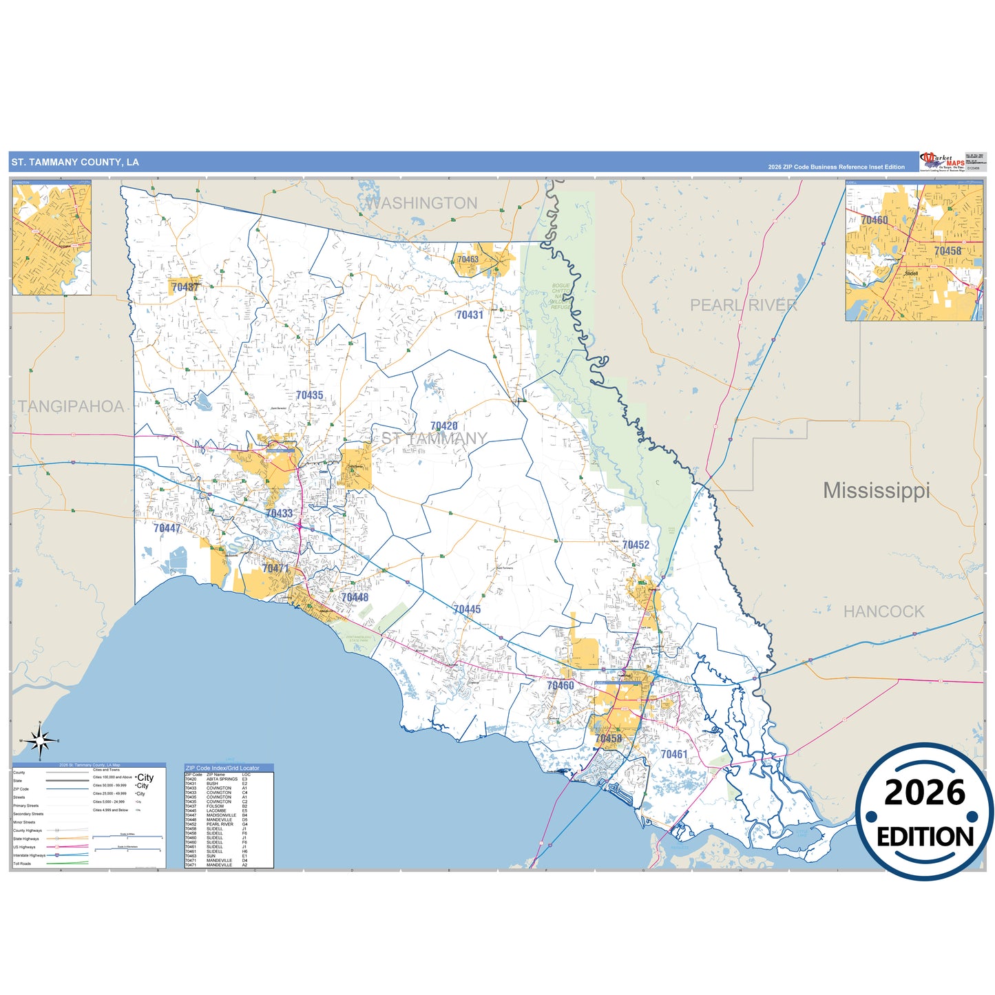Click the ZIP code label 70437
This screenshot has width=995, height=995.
[185, 287]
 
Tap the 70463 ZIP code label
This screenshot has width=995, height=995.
[468, 260]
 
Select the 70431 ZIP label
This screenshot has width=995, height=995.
[470, 315]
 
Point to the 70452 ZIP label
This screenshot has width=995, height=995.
[636, 545]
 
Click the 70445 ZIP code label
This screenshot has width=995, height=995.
[467, 609]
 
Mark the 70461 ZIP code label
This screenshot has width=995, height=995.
[673, 754]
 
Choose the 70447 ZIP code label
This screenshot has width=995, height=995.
[167, 528]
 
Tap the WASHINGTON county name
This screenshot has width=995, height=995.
[420, 203]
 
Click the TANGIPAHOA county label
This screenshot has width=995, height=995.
[71, 406]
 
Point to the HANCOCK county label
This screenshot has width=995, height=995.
[883, 611]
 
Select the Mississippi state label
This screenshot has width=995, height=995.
[876, 490]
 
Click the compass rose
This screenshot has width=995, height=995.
[40, 741]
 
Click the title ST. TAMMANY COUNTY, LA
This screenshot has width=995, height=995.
[75, 163]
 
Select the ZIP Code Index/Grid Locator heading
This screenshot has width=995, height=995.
[222, 768]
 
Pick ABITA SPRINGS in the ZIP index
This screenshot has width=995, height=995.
[222, 779]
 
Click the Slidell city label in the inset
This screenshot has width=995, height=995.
[911, 273]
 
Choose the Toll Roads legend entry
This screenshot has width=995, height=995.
[22, 863]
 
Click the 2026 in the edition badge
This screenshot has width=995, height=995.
[925, 793]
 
